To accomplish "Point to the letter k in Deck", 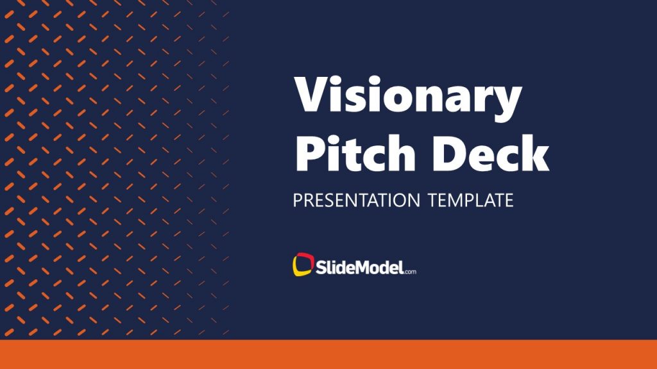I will tap(536, 151).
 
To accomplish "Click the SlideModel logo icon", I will tap(302, 265).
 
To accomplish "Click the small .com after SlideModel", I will tap(410, 271).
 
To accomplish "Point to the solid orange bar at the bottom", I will tap(328, 354).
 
